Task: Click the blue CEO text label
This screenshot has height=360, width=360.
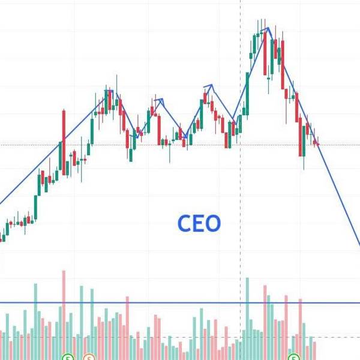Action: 199,223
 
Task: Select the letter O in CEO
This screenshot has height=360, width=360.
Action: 213,223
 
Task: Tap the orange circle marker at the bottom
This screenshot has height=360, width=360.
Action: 89,357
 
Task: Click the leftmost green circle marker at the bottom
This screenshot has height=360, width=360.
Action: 68,357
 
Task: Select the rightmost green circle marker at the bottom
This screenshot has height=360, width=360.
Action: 294,357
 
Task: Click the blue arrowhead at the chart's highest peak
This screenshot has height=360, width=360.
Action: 268,29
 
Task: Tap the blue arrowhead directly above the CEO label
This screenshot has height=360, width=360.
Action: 209,86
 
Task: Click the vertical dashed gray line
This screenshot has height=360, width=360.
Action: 241,180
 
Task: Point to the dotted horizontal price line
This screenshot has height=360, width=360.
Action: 150,145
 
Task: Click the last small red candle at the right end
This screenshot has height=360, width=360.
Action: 317,143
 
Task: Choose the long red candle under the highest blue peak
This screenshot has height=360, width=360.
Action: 266,54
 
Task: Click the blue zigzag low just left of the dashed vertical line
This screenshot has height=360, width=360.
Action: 233,117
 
